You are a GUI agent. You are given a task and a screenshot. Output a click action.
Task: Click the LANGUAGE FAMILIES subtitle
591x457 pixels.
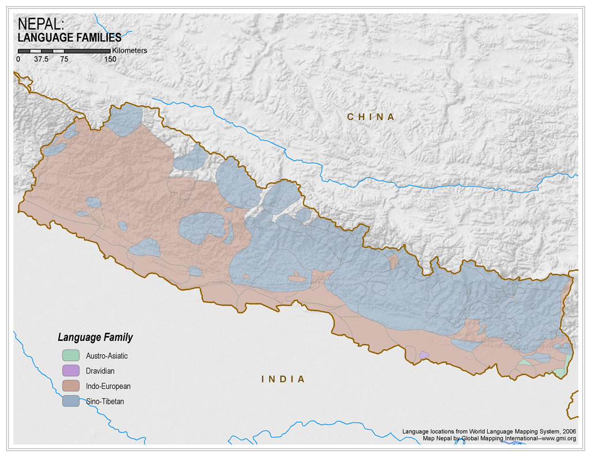(x=70, y=38)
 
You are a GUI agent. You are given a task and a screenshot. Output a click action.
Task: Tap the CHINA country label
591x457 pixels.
(x=371, y=117)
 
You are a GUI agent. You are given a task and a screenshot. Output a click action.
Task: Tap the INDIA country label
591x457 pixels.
(x=283, y=379)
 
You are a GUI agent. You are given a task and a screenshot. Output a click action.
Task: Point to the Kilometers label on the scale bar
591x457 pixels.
(x=130, y=51)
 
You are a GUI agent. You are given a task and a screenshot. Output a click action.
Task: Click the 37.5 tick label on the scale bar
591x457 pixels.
(x=40, y=59)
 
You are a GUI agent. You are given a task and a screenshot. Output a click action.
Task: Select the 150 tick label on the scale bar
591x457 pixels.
(x=110, y=59)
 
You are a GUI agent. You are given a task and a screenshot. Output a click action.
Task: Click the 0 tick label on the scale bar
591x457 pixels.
(x=18, y=59)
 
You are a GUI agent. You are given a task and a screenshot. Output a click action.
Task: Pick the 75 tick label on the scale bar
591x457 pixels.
(x=63, y=59)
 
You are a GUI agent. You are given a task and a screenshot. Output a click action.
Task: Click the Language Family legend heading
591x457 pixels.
(x=95, y=337)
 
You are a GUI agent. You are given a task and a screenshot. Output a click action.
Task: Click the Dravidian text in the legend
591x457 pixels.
(x=103, y=371)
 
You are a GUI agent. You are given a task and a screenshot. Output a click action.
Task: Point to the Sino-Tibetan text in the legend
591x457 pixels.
(x=105, y=401)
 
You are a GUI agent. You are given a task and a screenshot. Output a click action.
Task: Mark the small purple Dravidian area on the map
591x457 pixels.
(x=424, y=355)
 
